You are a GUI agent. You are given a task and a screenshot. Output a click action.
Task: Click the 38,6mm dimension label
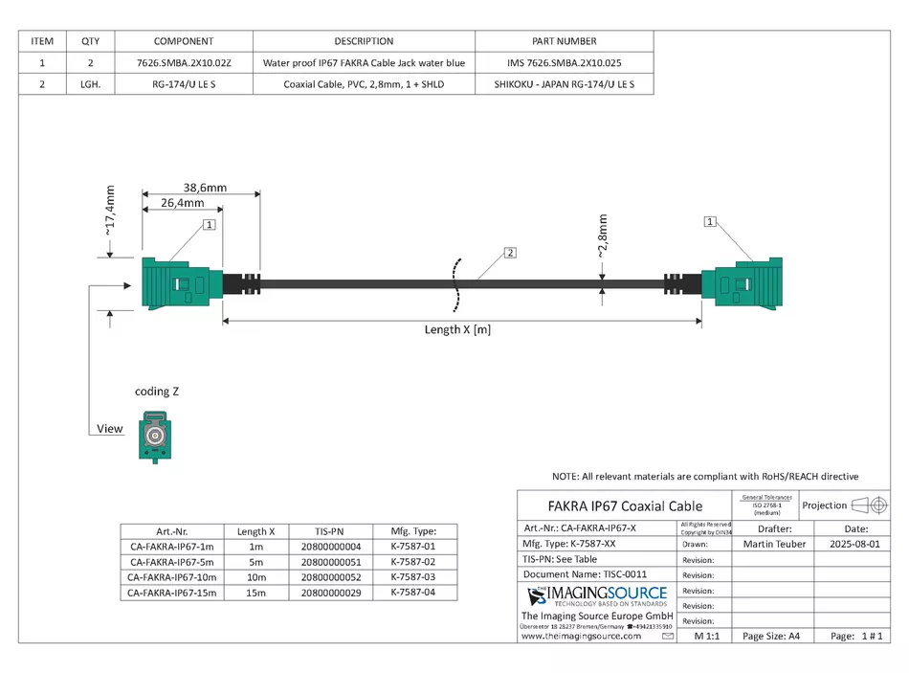(x=205, y=188)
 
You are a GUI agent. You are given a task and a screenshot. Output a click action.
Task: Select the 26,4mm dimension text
(x=182, y=203)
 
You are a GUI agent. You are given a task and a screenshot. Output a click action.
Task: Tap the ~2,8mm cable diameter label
(x=602, y=236)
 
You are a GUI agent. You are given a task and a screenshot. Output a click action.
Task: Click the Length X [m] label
(x=458, y=329)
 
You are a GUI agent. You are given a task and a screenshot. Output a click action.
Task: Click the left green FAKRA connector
(x=182, y=283)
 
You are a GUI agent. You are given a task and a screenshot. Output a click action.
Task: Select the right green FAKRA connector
(x=742, y=283)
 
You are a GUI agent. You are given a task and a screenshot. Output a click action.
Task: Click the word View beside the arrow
(x=110, y=429)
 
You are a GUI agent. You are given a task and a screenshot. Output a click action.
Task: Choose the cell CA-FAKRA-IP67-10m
(x=173, y=577)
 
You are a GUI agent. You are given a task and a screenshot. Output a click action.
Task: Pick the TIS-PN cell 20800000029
(x=330, y=594)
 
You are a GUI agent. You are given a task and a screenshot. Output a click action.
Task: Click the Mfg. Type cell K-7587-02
(x=412, y=562)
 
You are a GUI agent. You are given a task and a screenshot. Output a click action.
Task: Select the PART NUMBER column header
(x=564, y=41)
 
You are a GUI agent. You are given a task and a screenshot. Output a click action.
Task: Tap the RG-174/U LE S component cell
(x=184, y=84)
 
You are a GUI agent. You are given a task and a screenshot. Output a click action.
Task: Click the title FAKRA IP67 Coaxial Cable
(x=625, y=505)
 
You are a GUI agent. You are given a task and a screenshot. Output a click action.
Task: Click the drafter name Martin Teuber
(x=773, y=544)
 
